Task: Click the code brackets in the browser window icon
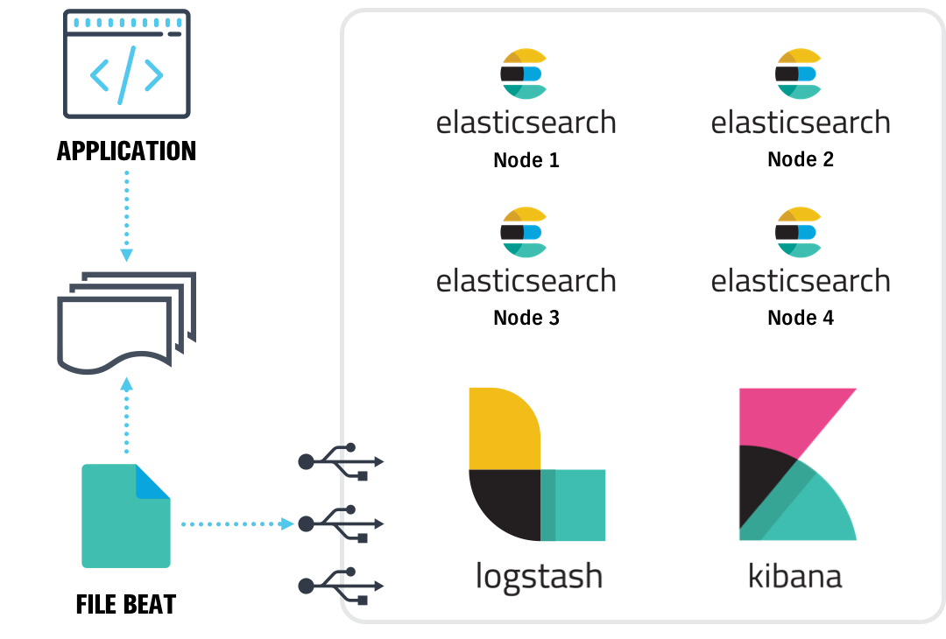point(127,75)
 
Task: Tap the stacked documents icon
point(125,322)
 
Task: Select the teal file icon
point(125,516)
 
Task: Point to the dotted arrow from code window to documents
point(126,215)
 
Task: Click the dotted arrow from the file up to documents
point(127,415)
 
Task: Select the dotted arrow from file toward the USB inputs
point(236,523)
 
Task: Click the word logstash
point(539,577)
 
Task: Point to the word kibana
point(794,577)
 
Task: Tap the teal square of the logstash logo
point(574,505)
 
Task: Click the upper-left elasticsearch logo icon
point(524,74)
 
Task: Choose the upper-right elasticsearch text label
point(800,123)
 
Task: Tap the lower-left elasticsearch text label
point(526,281)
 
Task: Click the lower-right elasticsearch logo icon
point(799,232)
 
